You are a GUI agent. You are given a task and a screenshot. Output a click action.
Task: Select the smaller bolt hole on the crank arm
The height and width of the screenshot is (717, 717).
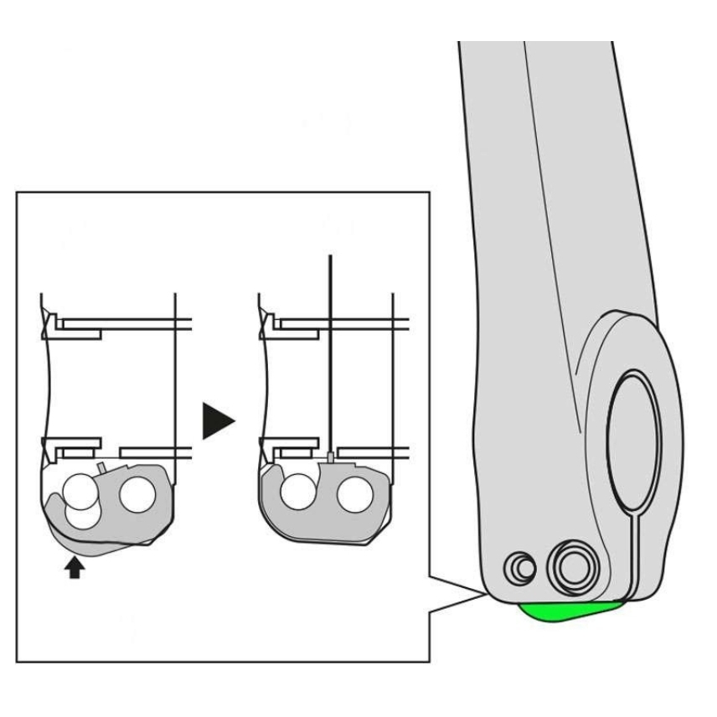click(x=521, y=568)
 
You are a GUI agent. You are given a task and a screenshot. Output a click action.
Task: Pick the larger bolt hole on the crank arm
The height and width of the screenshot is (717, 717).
click(x=570, y=567)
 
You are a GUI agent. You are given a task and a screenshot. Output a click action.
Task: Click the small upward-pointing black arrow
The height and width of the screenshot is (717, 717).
click(x=75, y=569)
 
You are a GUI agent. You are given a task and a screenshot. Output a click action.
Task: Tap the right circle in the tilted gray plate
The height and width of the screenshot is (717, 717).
click(x=137, y=496)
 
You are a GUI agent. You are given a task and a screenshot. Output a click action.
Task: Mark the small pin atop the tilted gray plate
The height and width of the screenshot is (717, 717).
click(x=101, y=465)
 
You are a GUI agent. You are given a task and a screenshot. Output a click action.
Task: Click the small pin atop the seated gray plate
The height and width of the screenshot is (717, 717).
click(x=332, y=457)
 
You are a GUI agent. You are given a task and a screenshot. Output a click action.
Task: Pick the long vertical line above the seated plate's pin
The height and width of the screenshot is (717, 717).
click(x=332, y=352)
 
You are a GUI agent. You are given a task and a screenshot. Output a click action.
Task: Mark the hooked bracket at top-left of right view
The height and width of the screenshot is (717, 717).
click(x=270, y=324)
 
